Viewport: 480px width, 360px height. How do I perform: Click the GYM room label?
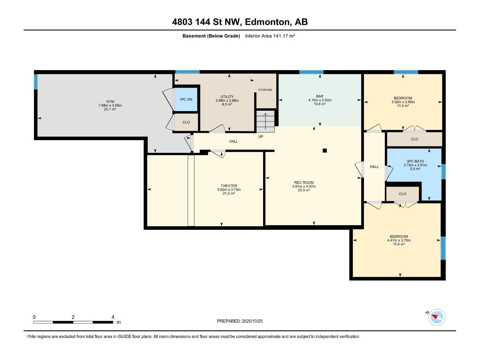tap(110, 101)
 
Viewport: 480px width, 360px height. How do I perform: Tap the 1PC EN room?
tap(186, 100)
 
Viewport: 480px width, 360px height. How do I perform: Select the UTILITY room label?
tap(227, 97)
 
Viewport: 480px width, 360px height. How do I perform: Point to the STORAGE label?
tap(265, 90)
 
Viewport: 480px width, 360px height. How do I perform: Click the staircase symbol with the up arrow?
tap(265, 121)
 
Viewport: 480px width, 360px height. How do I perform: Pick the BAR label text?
tap(320, 96)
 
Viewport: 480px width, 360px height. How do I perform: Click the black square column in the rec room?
tap(325, 150)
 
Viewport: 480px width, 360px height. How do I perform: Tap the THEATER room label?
tap(229, 186)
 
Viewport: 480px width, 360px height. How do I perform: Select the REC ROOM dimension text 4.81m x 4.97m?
tap(304, 186)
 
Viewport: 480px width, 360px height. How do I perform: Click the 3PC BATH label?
tap(415, 161)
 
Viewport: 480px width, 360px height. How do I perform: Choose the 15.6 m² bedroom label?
tap(399, 236)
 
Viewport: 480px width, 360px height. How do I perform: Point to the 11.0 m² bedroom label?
tap(403, 98)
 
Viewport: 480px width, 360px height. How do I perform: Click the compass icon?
tap(437, 317)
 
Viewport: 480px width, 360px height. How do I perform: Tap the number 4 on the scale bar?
tap(113, 317)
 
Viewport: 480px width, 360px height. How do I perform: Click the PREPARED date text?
tap(240, 321)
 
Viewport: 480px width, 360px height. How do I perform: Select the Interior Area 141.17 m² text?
tap(270, 36)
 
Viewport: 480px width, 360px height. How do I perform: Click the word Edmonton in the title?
tap(268, 22)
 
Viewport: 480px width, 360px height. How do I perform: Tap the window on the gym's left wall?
tap(36, 82)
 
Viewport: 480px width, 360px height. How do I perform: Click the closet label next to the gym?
tap(186, 122)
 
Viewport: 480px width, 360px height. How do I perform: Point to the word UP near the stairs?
tap(260, 136)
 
